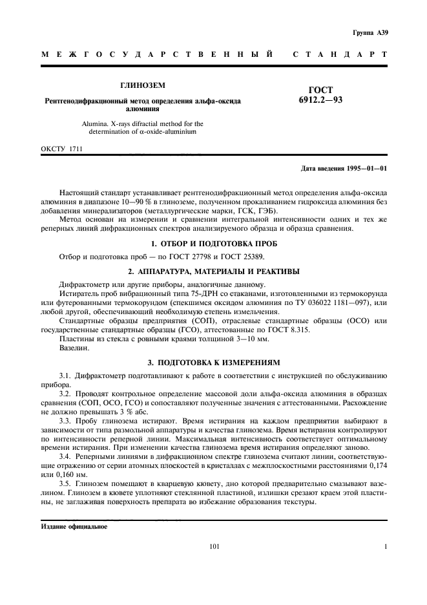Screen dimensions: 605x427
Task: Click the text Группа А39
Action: pos(370,32)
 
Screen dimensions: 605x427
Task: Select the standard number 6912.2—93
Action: pos(320,100)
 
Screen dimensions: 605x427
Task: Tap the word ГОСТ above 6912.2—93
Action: pos(320,90)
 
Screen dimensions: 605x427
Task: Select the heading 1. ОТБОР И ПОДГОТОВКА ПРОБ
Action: pos(214,244)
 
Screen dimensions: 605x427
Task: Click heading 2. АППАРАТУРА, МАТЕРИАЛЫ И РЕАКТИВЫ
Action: pos(214,271)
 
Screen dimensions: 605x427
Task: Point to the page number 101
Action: pos(215,547)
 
